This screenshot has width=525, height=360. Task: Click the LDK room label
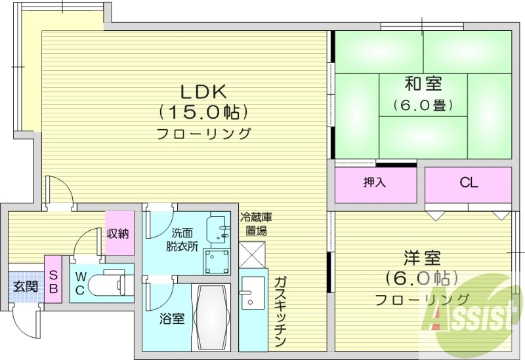tap(203, 90)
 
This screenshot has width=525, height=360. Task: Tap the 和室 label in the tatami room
tap(423, 84)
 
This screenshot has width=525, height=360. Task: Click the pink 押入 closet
tap(375, 184)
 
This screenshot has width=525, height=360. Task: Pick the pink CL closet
tap(468, 184)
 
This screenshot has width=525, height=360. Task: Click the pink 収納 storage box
tap(118, 233)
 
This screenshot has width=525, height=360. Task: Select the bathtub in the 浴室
tap(211, 317)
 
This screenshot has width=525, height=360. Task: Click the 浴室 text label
tap(173, 319)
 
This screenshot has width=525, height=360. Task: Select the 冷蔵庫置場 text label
tap(253, 224)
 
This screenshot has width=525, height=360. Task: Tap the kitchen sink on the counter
tap(251, 292)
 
